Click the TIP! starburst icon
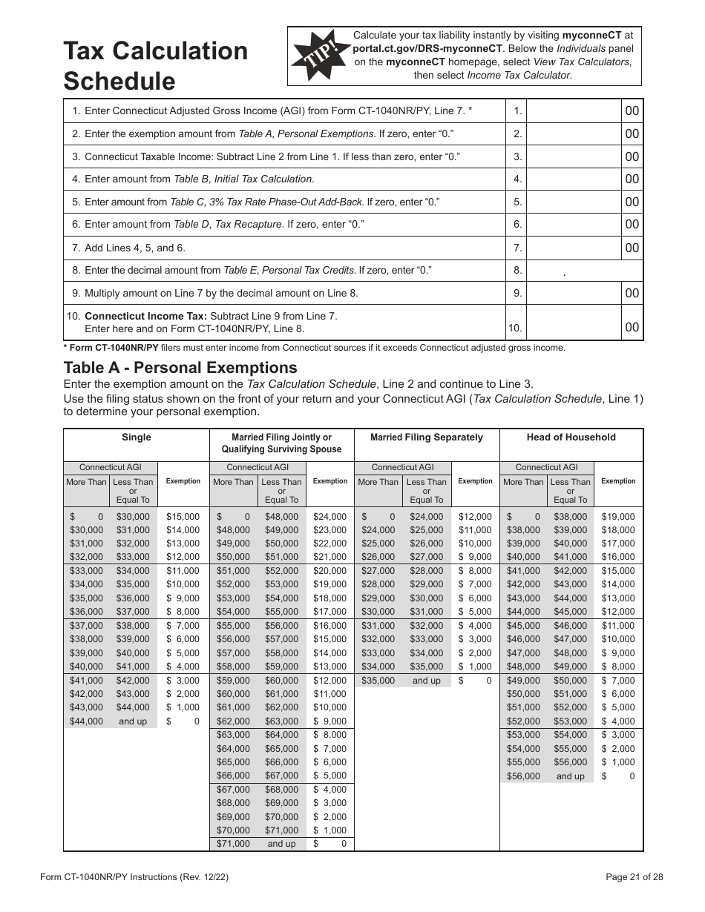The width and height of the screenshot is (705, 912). pos(319,56)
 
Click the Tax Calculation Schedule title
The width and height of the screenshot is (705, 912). pos(155,65)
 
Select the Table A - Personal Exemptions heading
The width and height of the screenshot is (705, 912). pos(180,368)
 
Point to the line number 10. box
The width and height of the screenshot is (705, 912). pos(517,328)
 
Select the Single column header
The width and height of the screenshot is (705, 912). pos(137,437)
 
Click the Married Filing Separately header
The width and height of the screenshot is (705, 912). pos(427,437)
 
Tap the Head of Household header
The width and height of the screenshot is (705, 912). pos(571,437)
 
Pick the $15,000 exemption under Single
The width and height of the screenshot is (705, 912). pos(183,517)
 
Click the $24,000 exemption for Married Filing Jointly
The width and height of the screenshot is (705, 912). pos(329,517)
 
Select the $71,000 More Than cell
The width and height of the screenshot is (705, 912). pos(233,844)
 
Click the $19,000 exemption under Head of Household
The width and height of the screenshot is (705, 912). pos(617,517)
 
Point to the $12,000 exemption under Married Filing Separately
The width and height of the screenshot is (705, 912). pos(475,517)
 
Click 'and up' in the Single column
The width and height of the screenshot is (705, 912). pos(133,721)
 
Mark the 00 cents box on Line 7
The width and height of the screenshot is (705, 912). pos(632,248)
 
